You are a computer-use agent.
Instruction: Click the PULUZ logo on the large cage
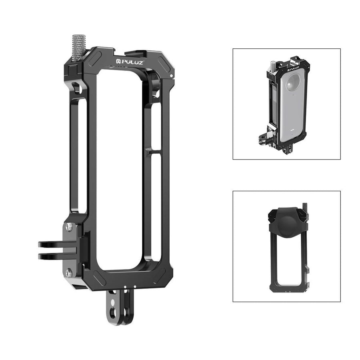click(x=128, y=62)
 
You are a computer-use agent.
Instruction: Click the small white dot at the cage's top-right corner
click(x=171, y=76)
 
